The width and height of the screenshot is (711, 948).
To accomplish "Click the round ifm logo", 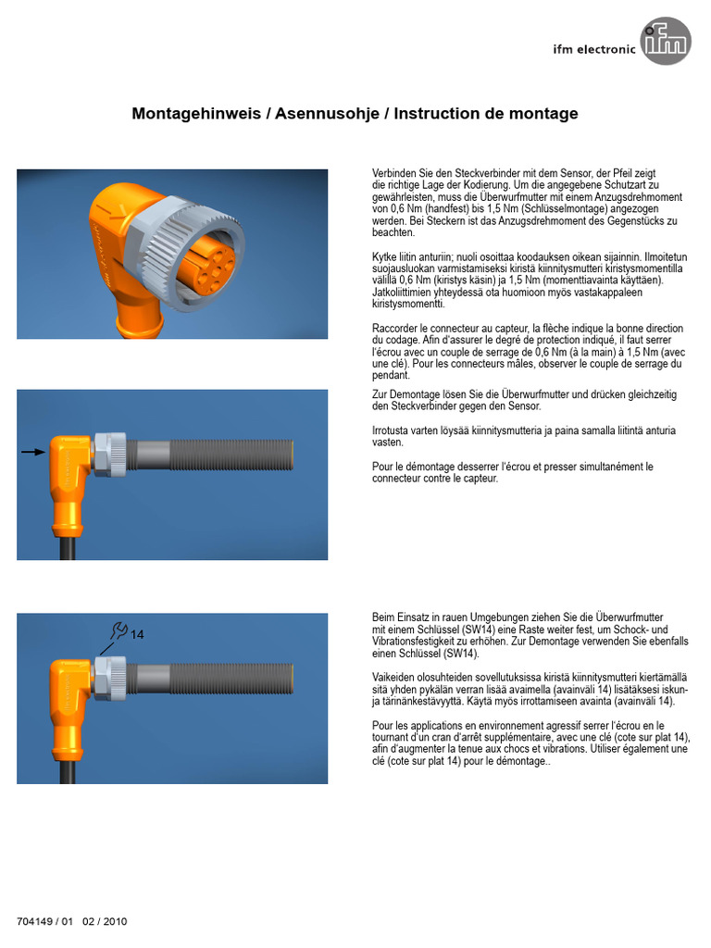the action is pyautogui.click(x=666, y=41).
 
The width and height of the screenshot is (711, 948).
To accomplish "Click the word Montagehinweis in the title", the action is pyautogui.click(x=196, y=114).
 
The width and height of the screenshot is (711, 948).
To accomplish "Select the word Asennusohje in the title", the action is pyautogui.click(x=327, y=114).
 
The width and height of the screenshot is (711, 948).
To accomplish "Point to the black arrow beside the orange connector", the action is pyautogui.click(x=33, y=452).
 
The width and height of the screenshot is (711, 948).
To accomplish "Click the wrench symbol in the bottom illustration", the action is pyautogui.click(x=119, y=630).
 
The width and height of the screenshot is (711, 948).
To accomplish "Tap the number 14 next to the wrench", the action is pyautogui.click(x=137, y=634).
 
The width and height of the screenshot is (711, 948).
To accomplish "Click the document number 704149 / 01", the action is pyautogui.click(x=44, y=921).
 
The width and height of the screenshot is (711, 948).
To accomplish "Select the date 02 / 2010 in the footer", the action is pyautogui.click(x=105, y=921).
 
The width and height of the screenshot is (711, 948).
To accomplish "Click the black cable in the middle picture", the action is pyautogui.click(x=67, y=548).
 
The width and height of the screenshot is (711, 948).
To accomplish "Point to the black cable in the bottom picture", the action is pyautogui.click(x=67, y=772).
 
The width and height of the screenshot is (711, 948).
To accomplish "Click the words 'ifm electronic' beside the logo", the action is pyautogui.click(x=594, y=50).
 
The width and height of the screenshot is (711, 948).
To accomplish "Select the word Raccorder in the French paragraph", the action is pyautogui.click(x=394, y=329).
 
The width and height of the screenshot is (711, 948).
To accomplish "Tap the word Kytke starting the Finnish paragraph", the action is pyautogui.click(x=384, y=257).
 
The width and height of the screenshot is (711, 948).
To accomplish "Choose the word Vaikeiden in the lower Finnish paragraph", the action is pyautogui.click(x=394, y=678).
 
